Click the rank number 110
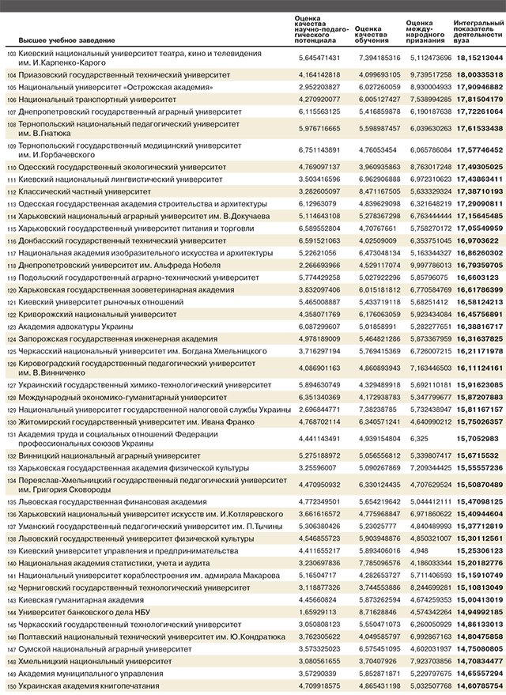pos(11,168)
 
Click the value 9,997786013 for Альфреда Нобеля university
pos(429,266)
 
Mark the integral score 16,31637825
pos(479,338)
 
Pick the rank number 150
pos(11,686)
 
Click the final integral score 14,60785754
pos(479,686)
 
